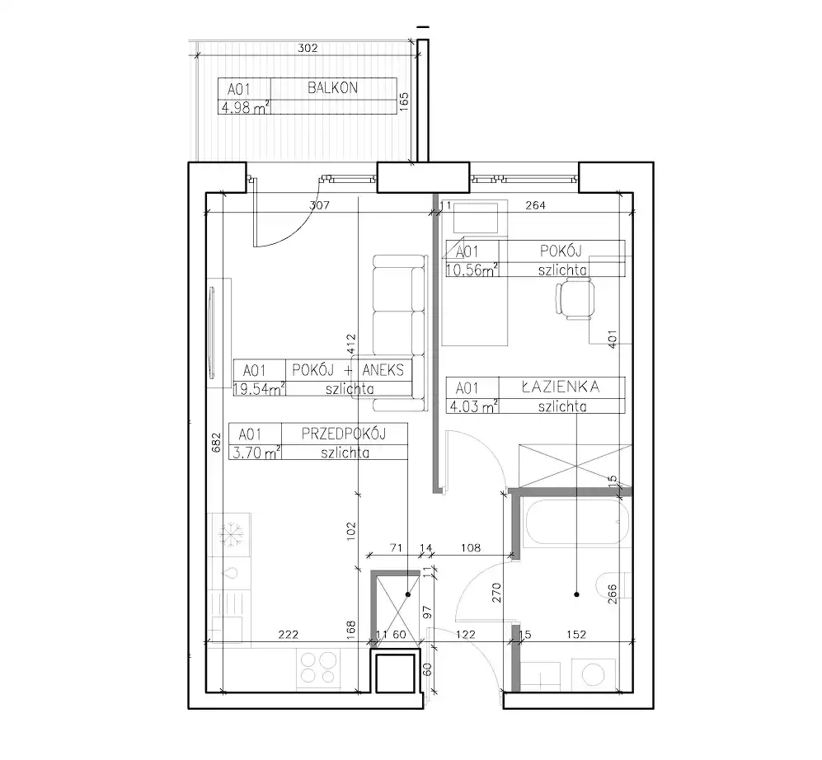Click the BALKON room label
click(332, 87)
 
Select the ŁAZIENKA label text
click(561, 387)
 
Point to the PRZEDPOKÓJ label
click(344, 434)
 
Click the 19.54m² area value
click(259, 389)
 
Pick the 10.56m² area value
click(472, 270)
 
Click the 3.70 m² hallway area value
click(256, 453)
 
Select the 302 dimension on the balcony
click(308, 48)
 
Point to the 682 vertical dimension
click(216, 443)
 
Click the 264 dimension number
click(535, 205)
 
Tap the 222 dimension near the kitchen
click(289, 635)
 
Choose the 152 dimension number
click(576, 635)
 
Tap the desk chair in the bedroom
click(575, 298)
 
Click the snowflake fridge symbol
click(229, 534)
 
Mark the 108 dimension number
click(470, 547)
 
